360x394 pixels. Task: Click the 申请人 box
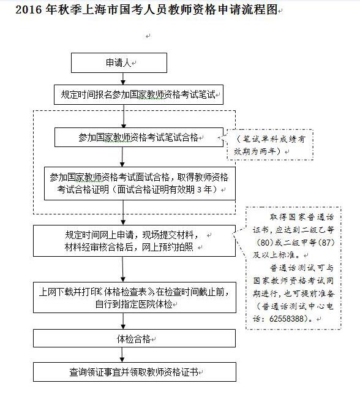point(119,63)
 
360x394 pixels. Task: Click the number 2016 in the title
point(29,10)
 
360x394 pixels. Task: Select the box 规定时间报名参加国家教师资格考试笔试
point(138,95)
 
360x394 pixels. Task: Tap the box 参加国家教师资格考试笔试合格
point(139,137)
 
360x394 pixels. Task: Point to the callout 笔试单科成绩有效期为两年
point(270,145)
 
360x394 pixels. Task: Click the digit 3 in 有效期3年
point(199,189)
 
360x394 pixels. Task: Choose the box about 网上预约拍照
point(134,241)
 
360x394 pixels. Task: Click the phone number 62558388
point(287,319)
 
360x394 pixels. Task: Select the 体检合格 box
point(134,338)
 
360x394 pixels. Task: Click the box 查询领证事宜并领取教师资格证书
point(135,372)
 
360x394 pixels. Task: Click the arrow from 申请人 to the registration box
point(123,78)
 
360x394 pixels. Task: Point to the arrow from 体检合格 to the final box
point(122,355)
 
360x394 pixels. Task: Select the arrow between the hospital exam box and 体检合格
point(123,321)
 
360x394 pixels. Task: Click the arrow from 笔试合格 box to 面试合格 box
point(122,157)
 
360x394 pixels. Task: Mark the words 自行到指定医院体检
point(134,305)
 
